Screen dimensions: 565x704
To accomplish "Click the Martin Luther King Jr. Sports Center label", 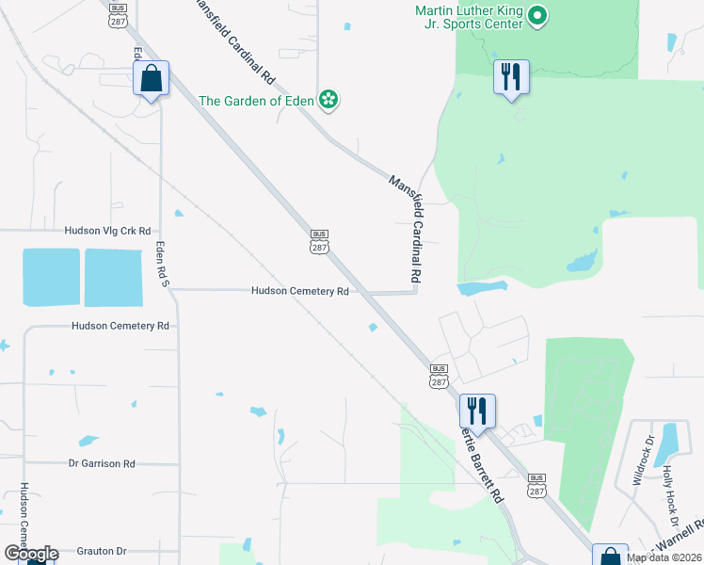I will pos(469,17).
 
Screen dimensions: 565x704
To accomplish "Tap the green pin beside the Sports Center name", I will pos(537,16).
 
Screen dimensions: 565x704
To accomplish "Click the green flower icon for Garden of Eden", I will pos(328,100).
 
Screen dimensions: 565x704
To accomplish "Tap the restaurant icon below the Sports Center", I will pos(511,77).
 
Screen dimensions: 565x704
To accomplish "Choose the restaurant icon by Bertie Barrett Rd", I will pos(477,412).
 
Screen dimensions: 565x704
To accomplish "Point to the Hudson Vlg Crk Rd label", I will pos(108,231).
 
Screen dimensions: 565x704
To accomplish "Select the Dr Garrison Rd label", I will pos(102,463).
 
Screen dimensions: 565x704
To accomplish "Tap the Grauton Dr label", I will pos(95,551).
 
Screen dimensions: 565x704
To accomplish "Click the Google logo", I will pos(31,554).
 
